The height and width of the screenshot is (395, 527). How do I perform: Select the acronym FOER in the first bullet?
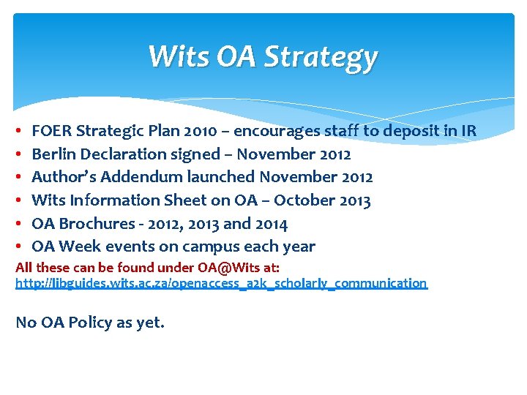tap(52, 132)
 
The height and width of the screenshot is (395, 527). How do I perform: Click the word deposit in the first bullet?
tap(395, 132)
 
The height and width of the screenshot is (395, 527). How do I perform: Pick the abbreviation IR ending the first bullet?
tap(468, 132)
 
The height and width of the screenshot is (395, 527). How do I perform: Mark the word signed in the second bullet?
tap(196, 154)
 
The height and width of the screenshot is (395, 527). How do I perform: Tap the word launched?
tap(209, 178)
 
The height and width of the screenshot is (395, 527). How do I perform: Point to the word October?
tap(304, 200)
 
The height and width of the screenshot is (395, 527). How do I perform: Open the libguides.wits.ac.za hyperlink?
tap(221, 283)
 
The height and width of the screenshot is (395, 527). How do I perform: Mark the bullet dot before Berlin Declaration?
tap(19, 155)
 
